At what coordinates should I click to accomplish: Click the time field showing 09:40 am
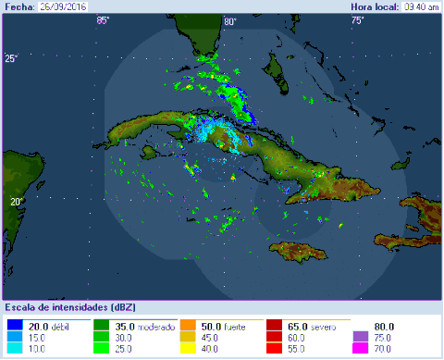pyautogui.click(x=421, y=6)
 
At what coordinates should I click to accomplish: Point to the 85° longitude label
pyautogui.click(x=102, y=20)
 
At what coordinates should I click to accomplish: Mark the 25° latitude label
pyautogui.click(x=11, y=59)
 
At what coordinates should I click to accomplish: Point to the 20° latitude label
pyautogui.click(x=16, y=201)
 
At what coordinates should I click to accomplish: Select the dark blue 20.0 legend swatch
pyautogui.click(x=14, y=327)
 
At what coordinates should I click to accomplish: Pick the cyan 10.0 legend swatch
pyautogui.click(x=14, y=348)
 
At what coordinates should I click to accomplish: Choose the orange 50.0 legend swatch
pyautogui.click(x=188, y=327)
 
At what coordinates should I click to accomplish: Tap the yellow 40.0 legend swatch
pyautogui.click(x=188, y=348)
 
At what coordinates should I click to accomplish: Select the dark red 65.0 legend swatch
pyautogui.click(x=275, y=327)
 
